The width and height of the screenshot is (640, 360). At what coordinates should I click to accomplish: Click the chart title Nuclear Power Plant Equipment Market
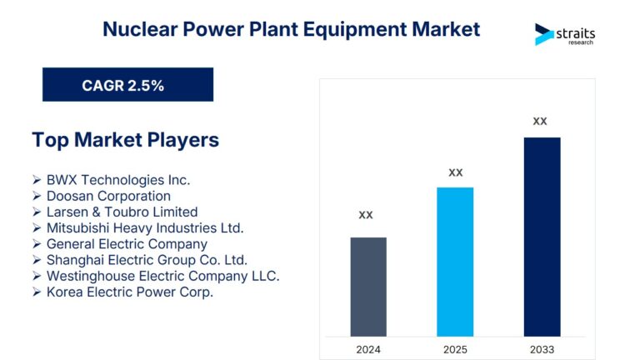[291, 29]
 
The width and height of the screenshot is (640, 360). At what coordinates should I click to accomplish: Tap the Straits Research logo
[565, 34]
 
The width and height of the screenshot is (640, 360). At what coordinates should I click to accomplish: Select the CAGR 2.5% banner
[127, 85]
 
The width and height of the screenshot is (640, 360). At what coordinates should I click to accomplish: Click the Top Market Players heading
[126, 139]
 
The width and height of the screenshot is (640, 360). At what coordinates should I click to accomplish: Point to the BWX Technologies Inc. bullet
[117, 180]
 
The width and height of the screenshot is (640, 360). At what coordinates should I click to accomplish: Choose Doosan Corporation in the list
[108, 196]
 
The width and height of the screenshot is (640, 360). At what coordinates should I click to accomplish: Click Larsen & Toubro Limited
[122, 212]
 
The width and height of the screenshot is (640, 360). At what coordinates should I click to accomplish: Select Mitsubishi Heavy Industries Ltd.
[144, 227]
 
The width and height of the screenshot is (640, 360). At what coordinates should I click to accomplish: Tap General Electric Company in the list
[127, 244]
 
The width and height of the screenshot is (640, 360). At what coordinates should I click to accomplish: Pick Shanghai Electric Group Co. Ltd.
[147, 260]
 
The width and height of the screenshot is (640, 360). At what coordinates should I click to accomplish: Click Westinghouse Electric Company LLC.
[162, 276]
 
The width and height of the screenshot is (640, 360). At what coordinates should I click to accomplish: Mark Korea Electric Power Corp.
[130, 292]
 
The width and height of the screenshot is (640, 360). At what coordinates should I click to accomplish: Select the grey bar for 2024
[367, 287]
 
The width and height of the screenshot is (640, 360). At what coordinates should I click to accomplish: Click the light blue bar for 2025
[455, 262]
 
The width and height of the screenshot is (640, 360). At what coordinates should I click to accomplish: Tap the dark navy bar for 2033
[542, 237]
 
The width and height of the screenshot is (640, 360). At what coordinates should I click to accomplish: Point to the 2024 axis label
[367, 349]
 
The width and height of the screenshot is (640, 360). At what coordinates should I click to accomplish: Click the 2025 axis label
[455, 349]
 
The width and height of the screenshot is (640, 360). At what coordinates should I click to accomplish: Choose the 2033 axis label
[542, 349]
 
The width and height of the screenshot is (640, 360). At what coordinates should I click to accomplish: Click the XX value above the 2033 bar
[540, 121]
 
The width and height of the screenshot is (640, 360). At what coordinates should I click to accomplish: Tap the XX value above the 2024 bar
[366, 215]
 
